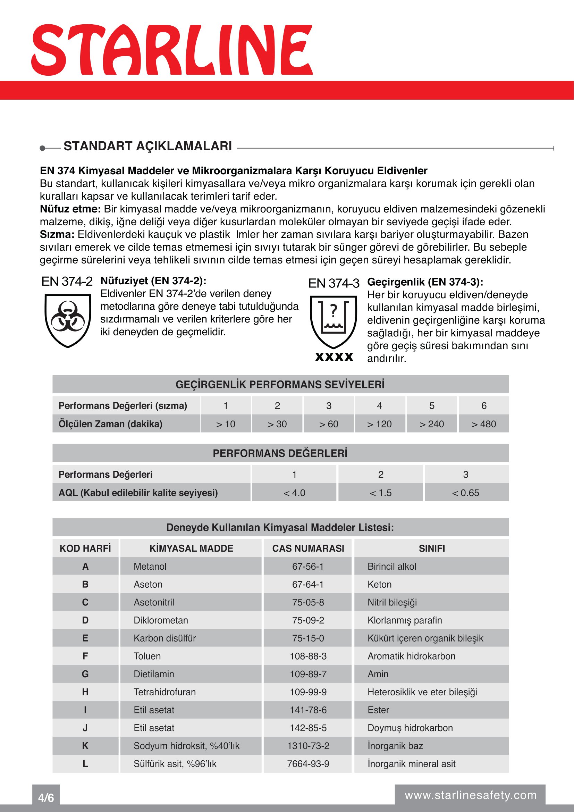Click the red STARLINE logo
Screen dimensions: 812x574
tap(172, 50)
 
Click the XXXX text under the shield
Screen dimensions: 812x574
tap(334, 357)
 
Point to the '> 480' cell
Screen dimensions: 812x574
tap(483, 424)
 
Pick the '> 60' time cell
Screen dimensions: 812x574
tap(329, 424)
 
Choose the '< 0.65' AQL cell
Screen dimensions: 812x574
tap(465, 493)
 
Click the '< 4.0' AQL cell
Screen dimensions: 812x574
tap(294, 493)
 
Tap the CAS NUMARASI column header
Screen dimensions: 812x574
tap(308, 548)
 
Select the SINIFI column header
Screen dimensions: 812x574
tap(432, 548)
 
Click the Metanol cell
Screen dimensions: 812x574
tap(150, 566)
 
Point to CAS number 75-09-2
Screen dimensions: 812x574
tap(308, 620)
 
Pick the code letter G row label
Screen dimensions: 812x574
tap(85, 674)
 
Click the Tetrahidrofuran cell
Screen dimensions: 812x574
tap(165, 692)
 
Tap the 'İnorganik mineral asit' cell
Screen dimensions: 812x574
tap(412, 763)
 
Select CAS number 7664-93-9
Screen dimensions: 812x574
tap(308, 763)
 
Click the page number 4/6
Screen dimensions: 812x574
tap(46, 797)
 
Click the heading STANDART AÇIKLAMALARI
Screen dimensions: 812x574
tap(148, 146)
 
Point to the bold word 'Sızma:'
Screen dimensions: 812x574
tap(57, 234)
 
